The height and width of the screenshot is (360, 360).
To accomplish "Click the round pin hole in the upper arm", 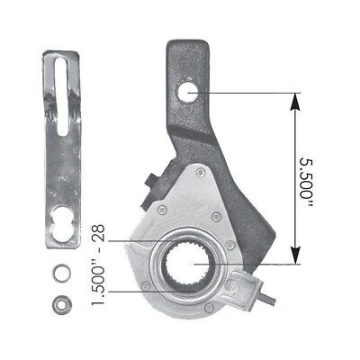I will (x=188, y=91).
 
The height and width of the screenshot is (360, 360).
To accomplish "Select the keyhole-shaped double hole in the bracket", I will (x=62, y=224).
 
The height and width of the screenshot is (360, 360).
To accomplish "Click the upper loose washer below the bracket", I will (x=62, y=271).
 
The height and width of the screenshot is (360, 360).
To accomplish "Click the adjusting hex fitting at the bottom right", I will (x=238, y=290).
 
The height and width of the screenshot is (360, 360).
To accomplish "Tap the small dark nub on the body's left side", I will (x=149, y=183).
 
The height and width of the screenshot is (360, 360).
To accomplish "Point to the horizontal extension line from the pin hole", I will (x=243, y=91).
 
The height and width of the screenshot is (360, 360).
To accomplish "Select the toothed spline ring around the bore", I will (x=171, y=265).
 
